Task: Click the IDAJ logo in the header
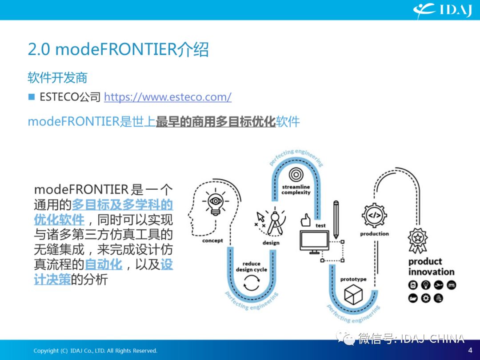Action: pos(442,10)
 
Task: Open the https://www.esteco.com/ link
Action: pos(168,97)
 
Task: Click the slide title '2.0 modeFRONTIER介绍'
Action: pos(118,49)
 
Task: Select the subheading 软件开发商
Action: pos(57,77)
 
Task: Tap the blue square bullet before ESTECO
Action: pos(32,97)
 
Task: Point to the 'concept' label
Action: pos(212,240)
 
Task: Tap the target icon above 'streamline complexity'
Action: pos(296,175)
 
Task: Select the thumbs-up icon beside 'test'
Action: pos(305,220)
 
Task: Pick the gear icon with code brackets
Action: pos(374,215)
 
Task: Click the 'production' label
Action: pos(374,234)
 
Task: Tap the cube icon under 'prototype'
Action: pos(353,295)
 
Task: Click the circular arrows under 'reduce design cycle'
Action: pos(251,283)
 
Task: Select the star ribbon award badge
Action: pos(417,240)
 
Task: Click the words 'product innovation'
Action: pos(431,267)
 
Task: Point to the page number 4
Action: pos(470,350)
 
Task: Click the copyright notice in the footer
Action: pos(95,351)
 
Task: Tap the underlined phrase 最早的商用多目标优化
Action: pos(216,121)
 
